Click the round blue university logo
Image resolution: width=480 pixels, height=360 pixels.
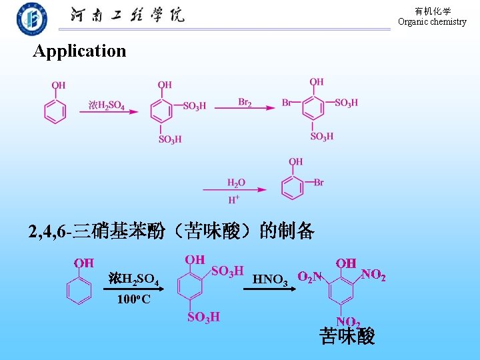(32, 19)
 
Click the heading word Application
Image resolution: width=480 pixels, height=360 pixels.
(79, 51)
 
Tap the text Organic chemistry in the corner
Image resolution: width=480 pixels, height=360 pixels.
(432, 21)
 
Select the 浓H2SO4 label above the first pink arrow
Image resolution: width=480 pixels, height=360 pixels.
(107, 105)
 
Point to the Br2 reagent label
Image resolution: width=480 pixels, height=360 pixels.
(245, 102)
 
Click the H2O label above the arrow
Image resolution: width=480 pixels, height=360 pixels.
(236, 183)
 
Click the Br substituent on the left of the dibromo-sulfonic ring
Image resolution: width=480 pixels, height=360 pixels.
(287, 103)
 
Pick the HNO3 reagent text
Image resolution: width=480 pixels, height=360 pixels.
(270, 279)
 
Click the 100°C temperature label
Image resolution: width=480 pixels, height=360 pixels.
(133, 299)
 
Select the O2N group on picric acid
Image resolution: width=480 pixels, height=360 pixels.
(310, 277)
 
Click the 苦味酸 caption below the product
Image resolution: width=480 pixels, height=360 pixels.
(347, 336)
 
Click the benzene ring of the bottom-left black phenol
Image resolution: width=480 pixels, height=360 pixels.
(79, 290)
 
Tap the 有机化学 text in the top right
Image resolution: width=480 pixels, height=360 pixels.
(433, 11)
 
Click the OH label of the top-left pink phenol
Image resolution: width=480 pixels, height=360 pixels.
(59, 85)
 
